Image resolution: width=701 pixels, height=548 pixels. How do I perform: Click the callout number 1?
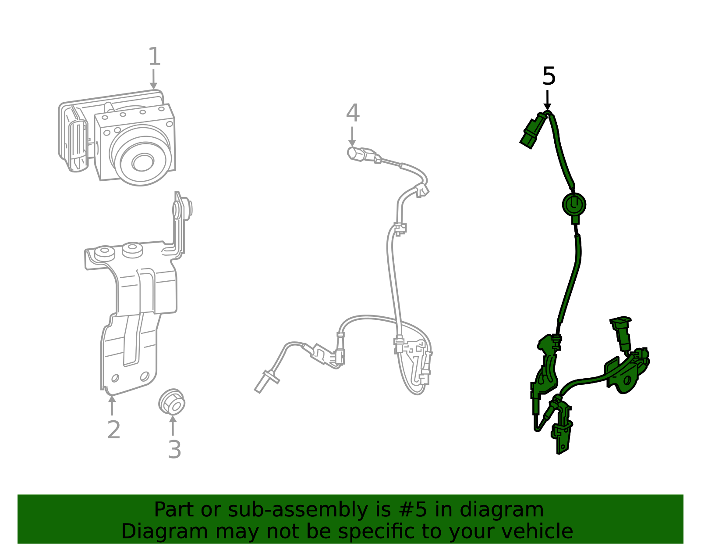[154, 57]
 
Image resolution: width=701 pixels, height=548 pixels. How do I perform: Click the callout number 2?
[113, 430]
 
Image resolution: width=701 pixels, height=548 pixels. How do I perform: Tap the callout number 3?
[174, 450]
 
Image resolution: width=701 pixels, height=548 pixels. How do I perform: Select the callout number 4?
[353, 113]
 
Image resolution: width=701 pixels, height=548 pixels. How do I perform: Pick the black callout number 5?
[549, 76]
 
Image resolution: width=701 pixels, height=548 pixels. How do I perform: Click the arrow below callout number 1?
[153, 80]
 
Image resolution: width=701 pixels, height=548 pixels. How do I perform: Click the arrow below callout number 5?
[547, 100]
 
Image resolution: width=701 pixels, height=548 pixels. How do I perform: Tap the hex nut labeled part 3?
[172, 401]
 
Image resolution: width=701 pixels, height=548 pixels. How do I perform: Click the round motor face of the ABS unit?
[141, 161]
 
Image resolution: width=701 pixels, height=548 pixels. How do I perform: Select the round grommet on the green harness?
[574, 204]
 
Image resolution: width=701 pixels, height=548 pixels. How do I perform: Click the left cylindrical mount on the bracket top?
[104, 252]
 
